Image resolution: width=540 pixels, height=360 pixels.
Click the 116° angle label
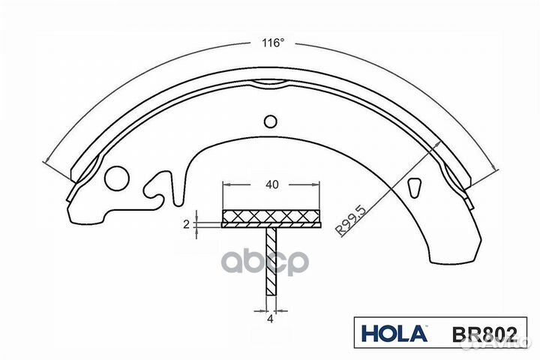coord(272,42)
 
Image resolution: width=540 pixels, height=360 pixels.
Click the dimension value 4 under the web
coord(271,321)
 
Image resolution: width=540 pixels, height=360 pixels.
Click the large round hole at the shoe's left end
coord(117,178)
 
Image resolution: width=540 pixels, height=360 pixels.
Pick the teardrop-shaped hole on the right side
coord(414,185)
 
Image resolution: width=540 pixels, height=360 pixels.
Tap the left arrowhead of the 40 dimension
coord(226,184)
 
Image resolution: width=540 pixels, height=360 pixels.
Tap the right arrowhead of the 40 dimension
coord(317,184)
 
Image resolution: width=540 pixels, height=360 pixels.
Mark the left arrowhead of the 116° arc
coord(48,160)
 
